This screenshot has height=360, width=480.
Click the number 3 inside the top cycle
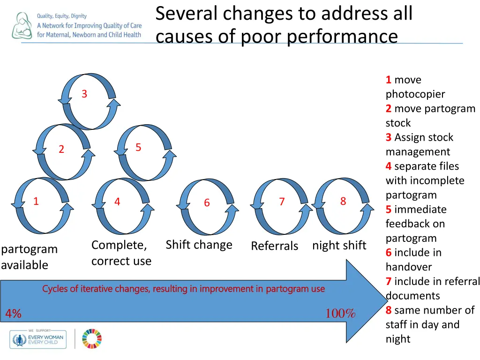point(84,94)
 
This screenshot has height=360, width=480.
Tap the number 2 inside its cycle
point(61,150)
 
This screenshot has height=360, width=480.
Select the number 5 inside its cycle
point(138,148)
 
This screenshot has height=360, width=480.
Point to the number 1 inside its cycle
point(36,202)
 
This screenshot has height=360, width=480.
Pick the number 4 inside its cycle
point(117,202)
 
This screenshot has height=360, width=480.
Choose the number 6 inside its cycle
point(207,203)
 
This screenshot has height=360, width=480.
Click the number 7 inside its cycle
point(282,202)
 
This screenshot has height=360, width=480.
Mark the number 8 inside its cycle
point(343,202)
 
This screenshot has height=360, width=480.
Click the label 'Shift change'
point(199,245)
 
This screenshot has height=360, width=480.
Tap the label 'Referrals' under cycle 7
point(274,246)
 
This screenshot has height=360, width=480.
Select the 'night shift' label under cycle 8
point(339,245)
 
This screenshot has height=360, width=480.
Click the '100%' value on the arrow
point(340,314)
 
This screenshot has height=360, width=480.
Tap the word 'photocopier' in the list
point(415,94)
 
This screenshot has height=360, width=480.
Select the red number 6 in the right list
point(389,253)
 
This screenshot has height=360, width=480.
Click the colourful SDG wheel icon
point(92,338)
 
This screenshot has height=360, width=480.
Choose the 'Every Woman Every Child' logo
point(38,339)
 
